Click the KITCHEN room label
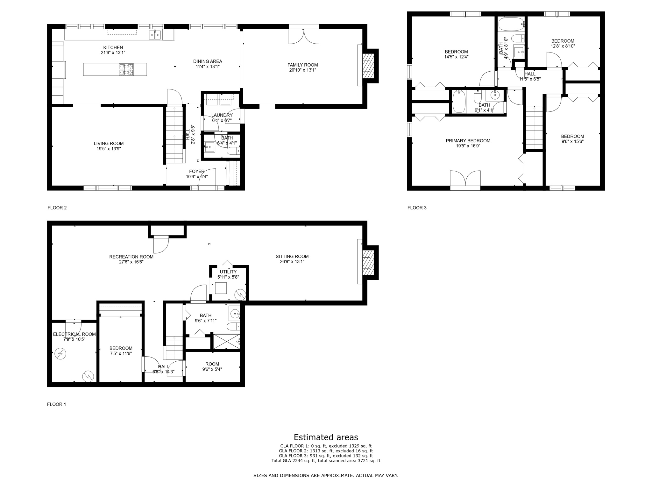tap(113, 47)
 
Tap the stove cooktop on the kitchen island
tap(126, 69)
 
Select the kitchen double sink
tap(155, 34)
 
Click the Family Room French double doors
tap(304, 36)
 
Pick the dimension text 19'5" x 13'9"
tap(109, 149)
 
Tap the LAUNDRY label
tap(222, 115)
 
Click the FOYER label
tap(197, 171)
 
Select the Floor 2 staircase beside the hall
tap(175, 134)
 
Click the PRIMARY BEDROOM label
tap(468, 141)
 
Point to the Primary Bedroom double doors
tap(465, 179)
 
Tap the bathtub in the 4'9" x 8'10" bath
tap(511, 24)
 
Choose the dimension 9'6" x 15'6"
tap(572, 142)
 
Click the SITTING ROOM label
tap(292, 256)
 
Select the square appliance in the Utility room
tap(221, 288)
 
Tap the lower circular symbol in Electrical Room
tap(88, 376)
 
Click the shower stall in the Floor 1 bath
tap(226, 341)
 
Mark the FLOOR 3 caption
tap(417, 208)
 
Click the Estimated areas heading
tap(326, 437)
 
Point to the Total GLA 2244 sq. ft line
tap(326, 461)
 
